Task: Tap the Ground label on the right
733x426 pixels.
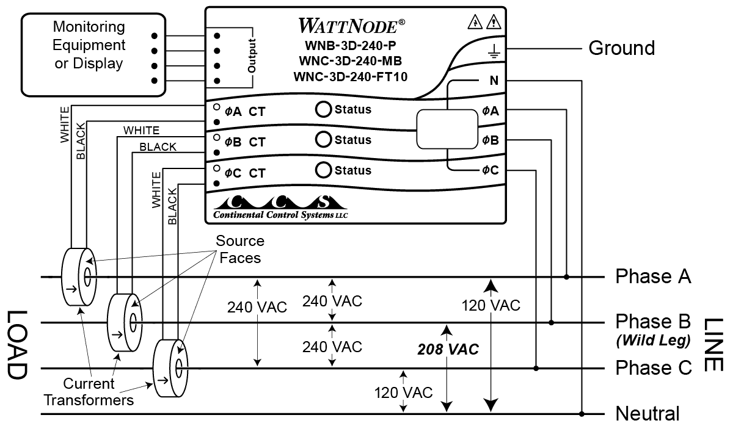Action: point(621,48)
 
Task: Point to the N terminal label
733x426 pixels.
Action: point(493,81)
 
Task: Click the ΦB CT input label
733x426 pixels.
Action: point(244,142)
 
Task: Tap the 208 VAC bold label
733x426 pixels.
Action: point(448,350)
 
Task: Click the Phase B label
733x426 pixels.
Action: point(652,322)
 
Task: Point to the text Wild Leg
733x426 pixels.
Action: point(653,339)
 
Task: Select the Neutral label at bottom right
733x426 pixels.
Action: point(647,413)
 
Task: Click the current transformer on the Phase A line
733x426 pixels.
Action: point(78,277)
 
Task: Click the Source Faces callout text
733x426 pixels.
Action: point(239,249)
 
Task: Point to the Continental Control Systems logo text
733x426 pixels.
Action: point(280,215)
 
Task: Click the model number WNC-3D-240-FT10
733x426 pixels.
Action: point(350,76)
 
